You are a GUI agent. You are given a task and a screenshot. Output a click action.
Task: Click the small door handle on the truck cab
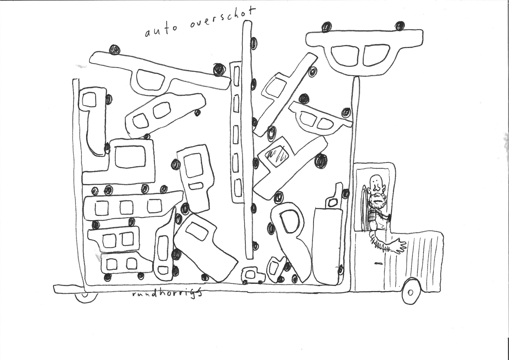[379, 263]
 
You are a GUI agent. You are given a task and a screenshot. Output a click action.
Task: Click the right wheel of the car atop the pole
[400, 26]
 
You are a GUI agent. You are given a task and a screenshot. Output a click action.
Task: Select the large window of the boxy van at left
[130, 157]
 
